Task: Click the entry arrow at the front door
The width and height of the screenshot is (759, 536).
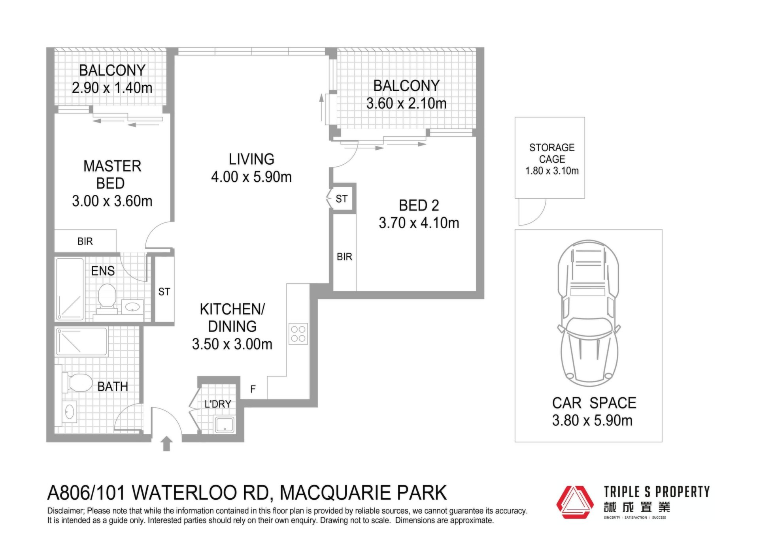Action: click(167, 444)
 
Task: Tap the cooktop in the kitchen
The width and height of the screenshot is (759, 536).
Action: click(298, 334)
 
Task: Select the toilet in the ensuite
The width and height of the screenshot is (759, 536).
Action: click(107, 299)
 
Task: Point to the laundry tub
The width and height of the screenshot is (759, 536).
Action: click(225, 424)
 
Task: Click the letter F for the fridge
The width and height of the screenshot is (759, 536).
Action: click(253, 389)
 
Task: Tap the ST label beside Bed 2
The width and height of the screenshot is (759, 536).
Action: click(342, 199)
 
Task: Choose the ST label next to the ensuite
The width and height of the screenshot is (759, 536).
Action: click(164, 292)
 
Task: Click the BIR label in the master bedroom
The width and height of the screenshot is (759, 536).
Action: click(85, 241)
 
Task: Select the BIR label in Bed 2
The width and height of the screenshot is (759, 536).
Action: click(344, 257)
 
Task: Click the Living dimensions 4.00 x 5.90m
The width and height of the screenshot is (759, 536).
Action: click(251, 177)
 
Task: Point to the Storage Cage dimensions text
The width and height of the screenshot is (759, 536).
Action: click(552, 171)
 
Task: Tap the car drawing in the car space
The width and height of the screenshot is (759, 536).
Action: click(589, 313)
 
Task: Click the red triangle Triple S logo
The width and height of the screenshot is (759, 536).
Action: click(575, 502)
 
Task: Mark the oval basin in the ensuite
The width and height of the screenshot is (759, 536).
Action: click(132, 307)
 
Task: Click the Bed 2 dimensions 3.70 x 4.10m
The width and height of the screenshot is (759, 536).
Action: click(419, 223)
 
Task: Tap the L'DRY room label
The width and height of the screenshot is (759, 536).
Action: click(218, 404)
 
